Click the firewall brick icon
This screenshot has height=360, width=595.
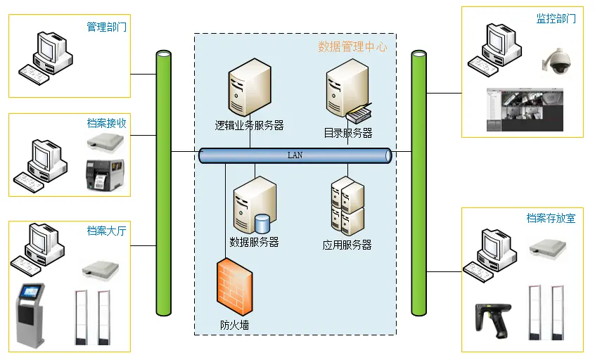point(233,288)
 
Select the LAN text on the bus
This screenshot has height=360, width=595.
point(295,155)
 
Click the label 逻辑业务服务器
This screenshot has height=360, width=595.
point(249,126)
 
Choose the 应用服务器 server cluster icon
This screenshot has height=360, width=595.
point(347,206)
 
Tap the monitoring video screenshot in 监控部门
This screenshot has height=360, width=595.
point(525,110)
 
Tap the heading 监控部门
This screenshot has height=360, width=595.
point(556,19)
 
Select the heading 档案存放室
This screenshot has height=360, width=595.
point(551,219)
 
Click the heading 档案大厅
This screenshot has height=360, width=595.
point(106,231)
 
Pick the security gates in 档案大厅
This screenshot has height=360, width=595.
point(94,316)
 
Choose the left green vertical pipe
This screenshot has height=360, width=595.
point(163,183)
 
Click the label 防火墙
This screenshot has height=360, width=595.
point(234,326)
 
